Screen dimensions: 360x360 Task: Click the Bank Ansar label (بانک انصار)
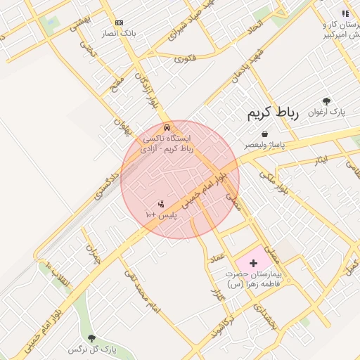coord(117,33)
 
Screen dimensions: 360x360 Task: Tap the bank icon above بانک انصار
coord(118,23)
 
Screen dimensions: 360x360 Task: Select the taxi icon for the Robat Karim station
coord(166,127)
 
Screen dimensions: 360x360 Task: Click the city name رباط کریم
coord(274,114)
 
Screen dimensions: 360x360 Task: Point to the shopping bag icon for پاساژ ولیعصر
coord(264,134)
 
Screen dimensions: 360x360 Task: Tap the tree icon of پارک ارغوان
coord(326,101)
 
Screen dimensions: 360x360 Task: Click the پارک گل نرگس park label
coord(91,349)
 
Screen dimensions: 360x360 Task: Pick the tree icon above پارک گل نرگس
coord(91,338)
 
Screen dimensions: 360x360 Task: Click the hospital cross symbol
coord(253,262)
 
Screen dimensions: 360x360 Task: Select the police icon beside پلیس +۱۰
coord(162,204)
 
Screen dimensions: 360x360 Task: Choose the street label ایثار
coord(320,160)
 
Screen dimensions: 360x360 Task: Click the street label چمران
coord(94,252)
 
